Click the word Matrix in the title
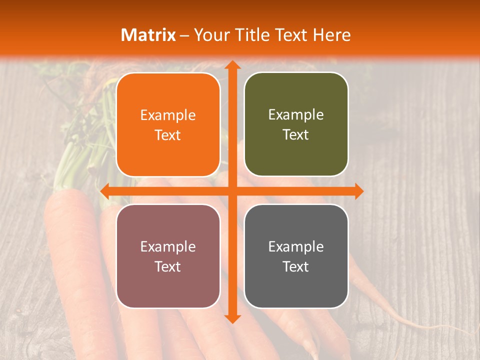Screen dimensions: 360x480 point(148,35)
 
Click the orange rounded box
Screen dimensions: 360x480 point(168,125)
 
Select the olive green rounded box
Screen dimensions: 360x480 point(296,124)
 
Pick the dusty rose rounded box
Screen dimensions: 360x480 point(168,256)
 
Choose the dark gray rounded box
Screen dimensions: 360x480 point(296,256)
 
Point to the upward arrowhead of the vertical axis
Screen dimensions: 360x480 point(231,65)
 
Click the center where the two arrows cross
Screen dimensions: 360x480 point(231,191)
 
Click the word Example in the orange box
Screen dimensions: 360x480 point(168,115)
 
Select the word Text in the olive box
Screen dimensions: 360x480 point(296,135)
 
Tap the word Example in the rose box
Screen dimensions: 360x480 point(168,246)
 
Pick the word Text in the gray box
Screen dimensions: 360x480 point(296,266)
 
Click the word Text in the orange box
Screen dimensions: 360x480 point(168,135)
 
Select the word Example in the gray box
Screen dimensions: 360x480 point(296,246)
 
